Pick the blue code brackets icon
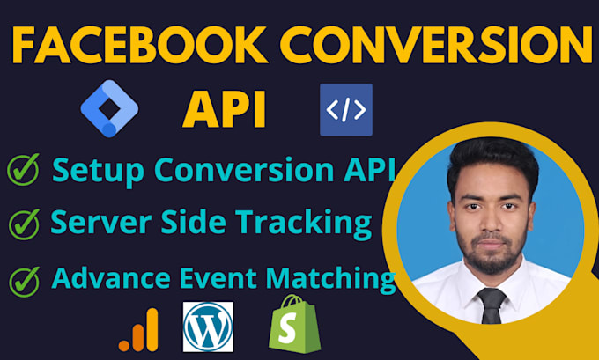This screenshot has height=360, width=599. [x=345, y=109]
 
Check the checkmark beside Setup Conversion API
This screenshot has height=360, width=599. [x=24, y=170]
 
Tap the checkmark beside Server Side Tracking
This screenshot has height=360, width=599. [x=24, y=224]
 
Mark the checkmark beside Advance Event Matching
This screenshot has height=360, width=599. [x=24, y=282]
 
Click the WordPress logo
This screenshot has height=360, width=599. [x=208, y=326]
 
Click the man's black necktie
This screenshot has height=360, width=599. [x=492, y=305]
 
